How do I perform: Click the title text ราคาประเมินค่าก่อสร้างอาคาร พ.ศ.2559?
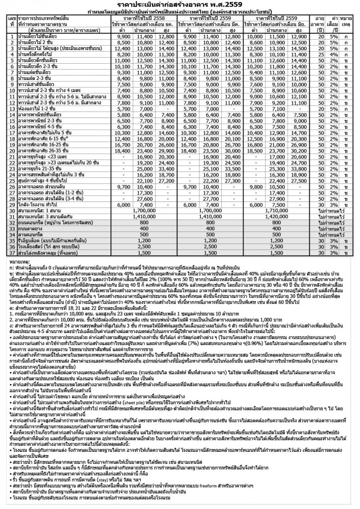point(180,5)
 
